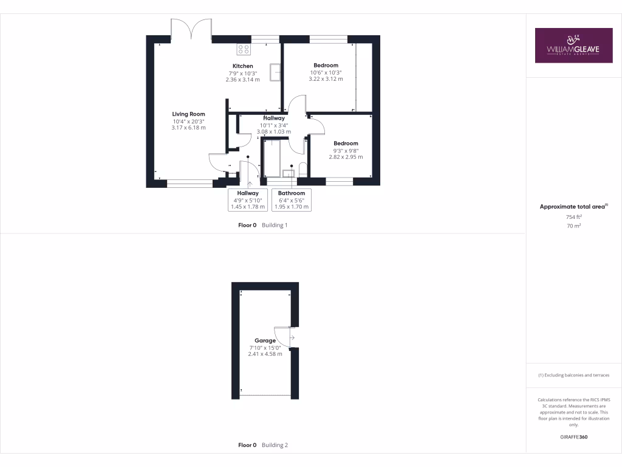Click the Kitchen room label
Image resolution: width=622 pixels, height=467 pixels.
point(242,66)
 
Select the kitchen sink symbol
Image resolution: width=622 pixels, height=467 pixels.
point(275,72)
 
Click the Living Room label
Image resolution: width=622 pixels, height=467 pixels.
point(188,114)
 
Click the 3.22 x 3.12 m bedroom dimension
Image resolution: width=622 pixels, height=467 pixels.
point(326,79)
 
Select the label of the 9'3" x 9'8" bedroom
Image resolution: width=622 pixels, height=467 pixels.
point(346,144)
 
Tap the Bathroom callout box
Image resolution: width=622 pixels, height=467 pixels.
point(292,200)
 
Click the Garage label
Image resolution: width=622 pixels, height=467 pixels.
point(265,341)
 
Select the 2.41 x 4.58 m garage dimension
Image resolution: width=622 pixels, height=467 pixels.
point(265,354)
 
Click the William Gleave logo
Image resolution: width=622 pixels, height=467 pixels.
point(573,46)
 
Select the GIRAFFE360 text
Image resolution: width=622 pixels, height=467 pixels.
point(574,437)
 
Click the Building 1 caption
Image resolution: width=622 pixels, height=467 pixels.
point(275,225)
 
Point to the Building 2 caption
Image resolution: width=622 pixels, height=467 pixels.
point(275,445)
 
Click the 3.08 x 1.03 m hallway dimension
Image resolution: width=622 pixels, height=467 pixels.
point(275,131)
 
